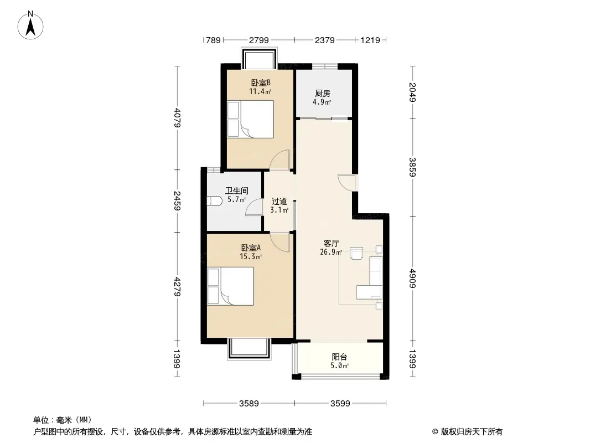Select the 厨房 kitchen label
tap(323, 94)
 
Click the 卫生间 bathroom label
tap(236, 190)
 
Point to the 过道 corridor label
tap(279, 202)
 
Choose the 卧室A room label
tap(251, 248)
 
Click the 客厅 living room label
tap(331, 243)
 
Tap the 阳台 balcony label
tap(339, 357)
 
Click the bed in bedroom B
tap(251, 119)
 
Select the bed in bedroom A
tap(230, 286)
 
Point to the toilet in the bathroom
tap(214, 201)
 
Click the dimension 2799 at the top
tap(258, 40)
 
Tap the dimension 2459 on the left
tap(177, 200)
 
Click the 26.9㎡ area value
tap(331, 253)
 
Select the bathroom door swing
tap(254, 207)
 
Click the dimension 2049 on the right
tap(412, 91)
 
